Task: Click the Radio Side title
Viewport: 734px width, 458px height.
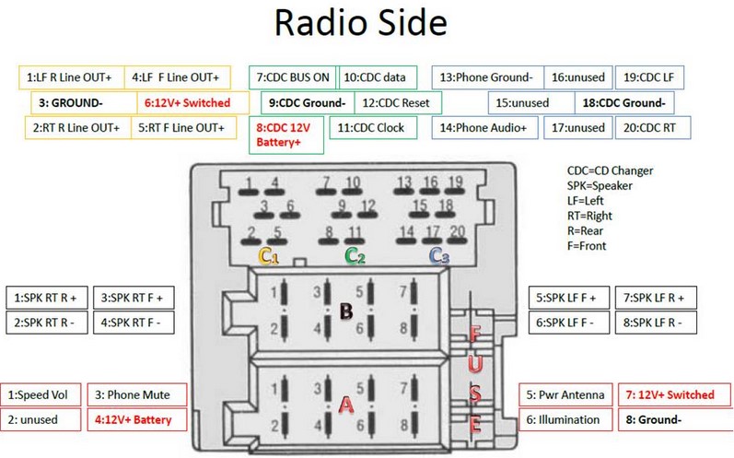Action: click(367, 25)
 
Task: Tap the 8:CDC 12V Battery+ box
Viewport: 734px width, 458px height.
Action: click(285, 135)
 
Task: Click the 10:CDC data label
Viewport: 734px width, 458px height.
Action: click(379, 77)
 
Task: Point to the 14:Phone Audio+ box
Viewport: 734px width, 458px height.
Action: click(485, 128)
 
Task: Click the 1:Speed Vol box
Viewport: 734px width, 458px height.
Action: click(41, 394)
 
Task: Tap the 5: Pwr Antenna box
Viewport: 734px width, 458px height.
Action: click(565, 394)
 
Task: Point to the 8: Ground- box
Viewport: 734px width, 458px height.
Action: click(655, 419)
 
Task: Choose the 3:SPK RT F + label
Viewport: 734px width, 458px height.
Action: click(136, 298)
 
